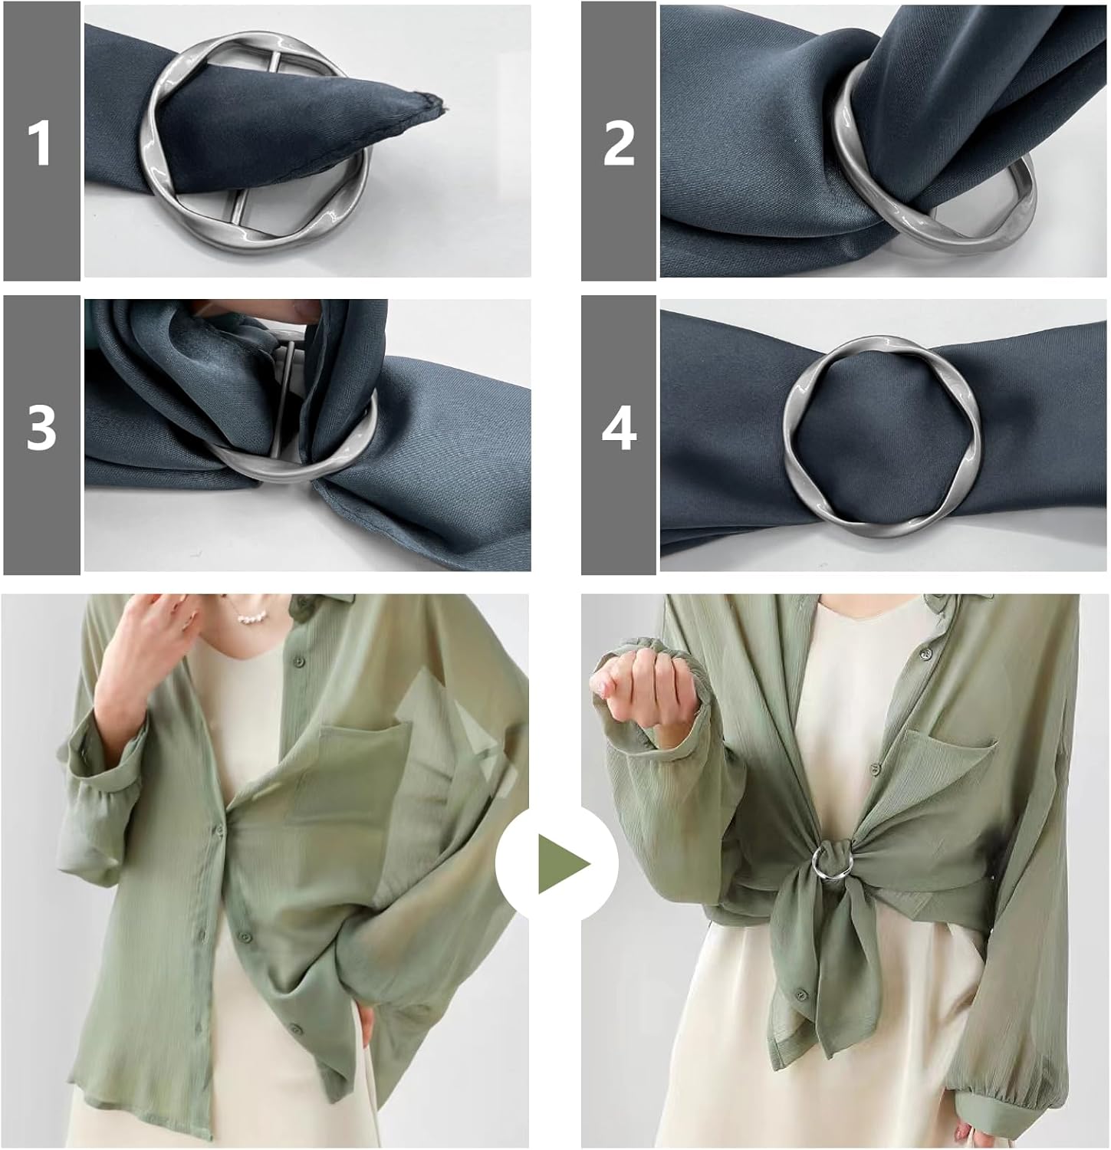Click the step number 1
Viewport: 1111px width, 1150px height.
[x=39, y=143]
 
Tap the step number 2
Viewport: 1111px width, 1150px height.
[x=618, y=142]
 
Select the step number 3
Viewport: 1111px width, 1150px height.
[x=41, y=427]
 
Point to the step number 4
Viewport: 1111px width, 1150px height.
[x=618, y=429]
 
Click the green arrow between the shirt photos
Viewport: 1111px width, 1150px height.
[x=562, y=865]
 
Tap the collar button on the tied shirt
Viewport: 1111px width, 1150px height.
[x=925, y=652]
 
